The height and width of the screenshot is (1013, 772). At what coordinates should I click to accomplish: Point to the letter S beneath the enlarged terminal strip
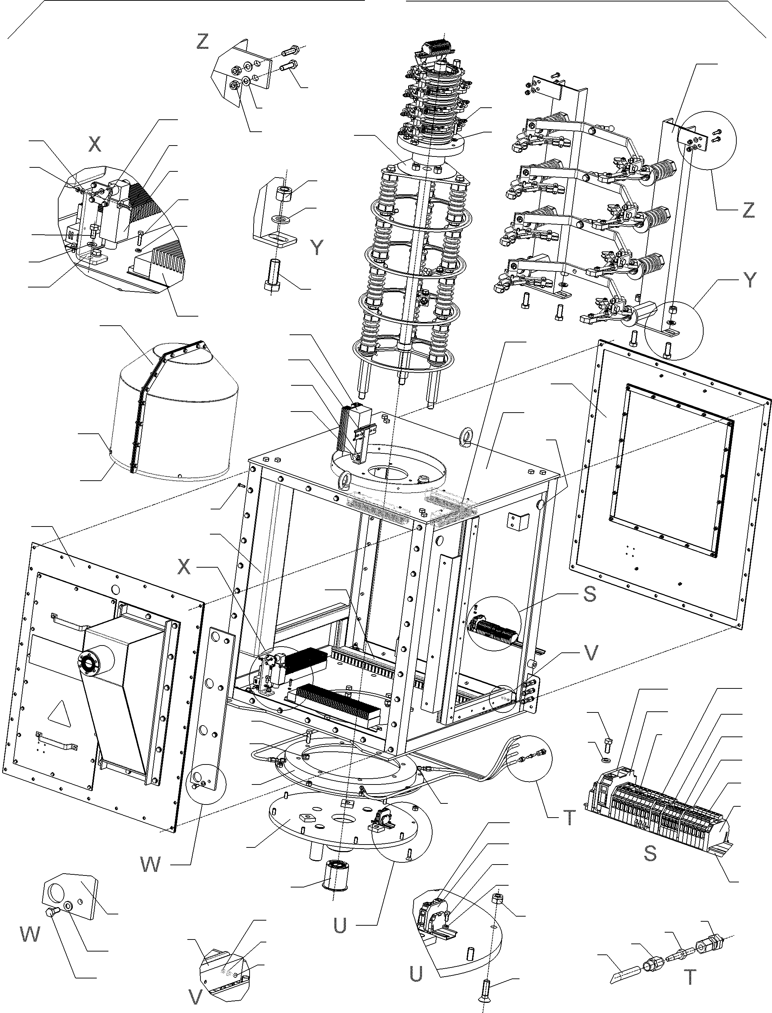coord(650,854)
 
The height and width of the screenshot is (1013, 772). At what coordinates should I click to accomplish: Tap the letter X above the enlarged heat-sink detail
coord(94,144)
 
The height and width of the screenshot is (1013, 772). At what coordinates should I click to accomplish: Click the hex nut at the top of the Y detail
coord(285,194)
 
